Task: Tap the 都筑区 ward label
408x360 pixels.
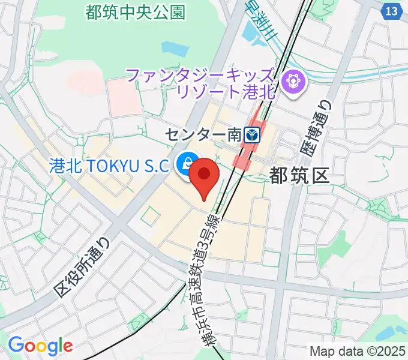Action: [x=300, y=175]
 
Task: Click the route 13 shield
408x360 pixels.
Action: [x=391, y=11]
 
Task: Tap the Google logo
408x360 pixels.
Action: [x=40, y=346]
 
